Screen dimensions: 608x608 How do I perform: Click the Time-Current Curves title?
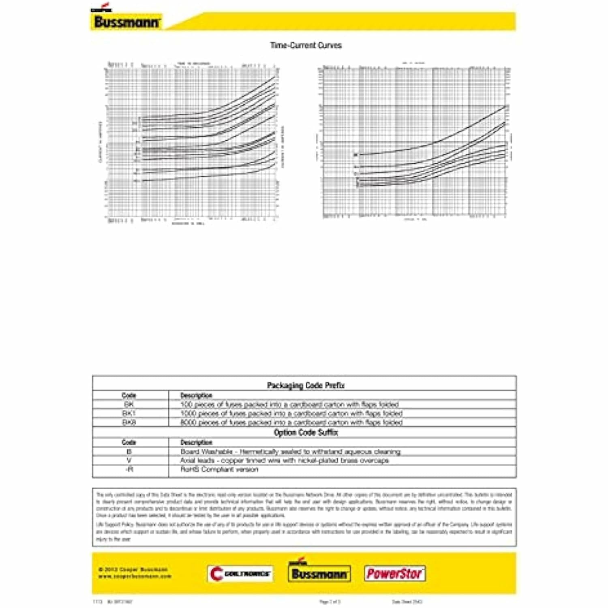[x=306, y=45]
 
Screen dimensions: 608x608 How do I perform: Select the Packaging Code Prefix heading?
[x=306, y=385]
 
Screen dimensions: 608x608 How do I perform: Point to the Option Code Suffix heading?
[x=306, y=432]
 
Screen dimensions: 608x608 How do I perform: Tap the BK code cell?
[x=129, y=405]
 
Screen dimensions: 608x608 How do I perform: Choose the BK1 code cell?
[x=129, y=413]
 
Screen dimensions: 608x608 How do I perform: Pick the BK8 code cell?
[x=129, y=422]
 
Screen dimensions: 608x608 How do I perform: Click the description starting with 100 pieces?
[x=289, y=405]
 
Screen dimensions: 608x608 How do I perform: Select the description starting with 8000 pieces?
[x=291, y=422]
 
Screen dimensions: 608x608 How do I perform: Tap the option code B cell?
[x=129, y=452]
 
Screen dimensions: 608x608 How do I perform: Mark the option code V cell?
[x=129, y=460]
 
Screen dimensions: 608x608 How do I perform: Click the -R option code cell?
[x=129, y=469]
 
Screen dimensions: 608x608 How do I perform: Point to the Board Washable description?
[x=290, y=452]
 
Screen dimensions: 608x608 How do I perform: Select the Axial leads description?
[x=284, y=460]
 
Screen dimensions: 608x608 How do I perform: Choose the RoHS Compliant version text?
[x=219, y=469]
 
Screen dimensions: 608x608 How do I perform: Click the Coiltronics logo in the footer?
[x=240, y=574]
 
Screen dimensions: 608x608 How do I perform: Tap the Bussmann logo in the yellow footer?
[x=319, y=573]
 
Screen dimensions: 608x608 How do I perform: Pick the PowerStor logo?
[x=394, y=574]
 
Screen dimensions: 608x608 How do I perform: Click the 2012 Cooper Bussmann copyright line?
[x=133, y=569]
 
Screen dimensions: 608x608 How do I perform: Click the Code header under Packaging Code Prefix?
[x=129, y=395]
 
